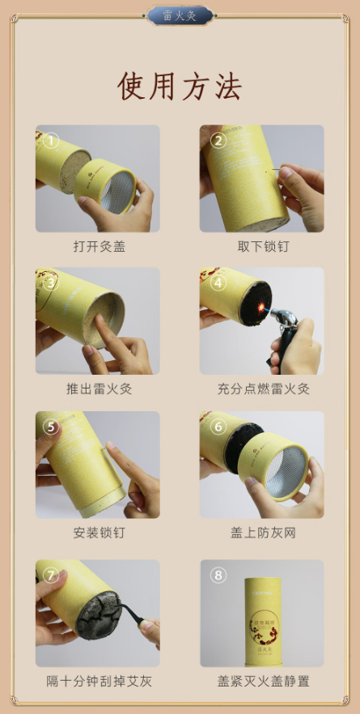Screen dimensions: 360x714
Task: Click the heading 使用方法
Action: click(x=180, y=86)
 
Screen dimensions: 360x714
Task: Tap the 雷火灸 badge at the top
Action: click(x=180, y=16)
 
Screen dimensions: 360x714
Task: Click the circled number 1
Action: click(x=51, y=140)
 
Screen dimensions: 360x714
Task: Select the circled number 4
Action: click(x=218, y=283)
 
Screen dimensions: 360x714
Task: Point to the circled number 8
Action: click(x=218, y=575)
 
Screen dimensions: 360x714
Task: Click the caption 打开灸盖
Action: click(x=100, y=246)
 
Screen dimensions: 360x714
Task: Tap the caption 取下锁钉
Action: click(x=263, y=246)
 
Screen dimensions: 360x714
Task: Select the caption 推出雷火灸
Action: click(x=100, y=389)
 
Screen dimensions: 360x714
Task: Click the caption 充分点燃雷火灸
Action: click(x=264, y=389)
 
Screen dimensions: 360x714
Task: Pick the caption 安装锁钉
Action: click(x=100, y=533)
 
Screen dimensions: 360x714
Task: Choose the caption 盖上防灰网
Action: click(x=263, y=533)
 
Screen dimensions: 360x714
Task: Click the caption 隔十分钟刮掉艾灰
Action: click(x=100, y=682)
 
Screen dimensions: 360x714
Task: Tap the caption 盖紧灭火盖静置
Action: click(x=264, y=682)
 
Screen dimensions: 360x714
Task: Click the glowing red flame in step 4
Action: click(x=260, y=308)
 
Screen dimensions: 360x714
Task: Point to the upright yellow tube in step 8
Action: click(x=262, y=622)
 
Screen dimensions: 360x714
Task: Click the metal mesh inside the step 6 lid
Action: click(x=286, y=473)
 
